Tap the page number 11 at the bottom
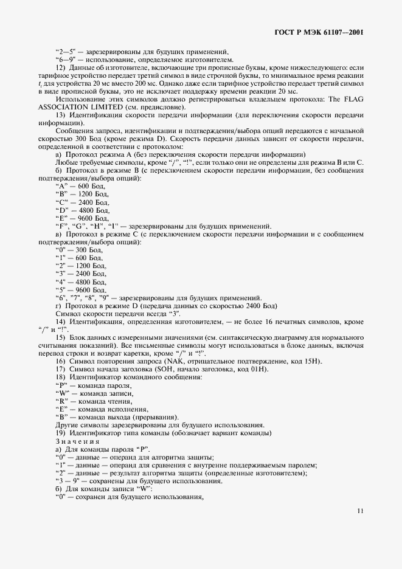point(360,511)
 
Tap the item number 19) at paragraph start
point(61,433)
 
